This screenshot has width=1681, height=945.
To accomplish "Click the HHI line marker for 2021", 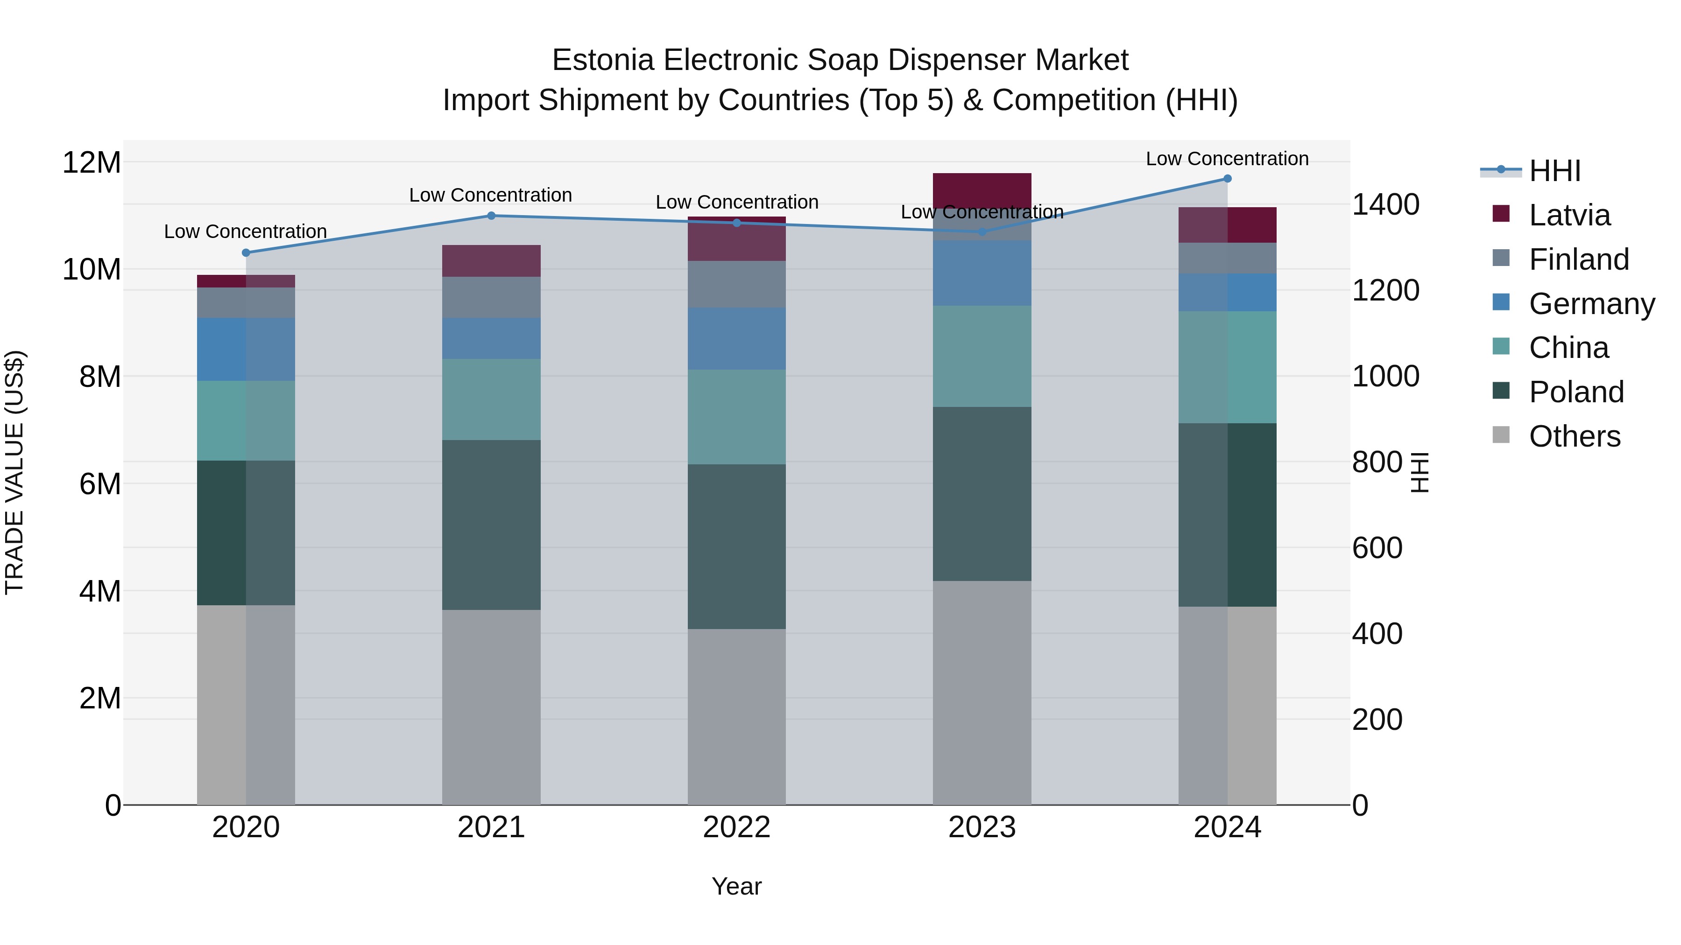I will [491, 216].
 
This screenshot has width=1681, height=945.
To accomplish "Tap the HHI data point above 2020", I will [246, 253].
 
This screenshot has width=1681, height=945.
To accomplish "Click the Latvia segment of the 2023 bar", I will [982, 190].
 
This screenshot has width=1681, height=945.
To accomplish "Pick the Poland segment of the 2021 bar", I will [491, 525].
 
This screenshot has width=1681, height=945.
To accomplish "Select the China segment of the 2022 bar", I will [737, 417].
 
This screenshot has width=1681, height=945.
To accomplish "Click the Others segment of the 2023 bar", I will [982, 693].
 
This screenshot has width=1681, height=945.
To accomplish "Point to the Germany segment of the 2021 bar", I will [491, 338].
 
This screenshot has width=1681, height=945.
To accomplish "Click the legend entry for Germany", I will [1591, 304].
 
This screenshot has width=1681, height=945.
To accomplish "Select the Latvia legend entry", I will [1569, 215].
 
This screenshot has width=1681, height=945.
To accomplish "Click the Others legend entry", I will [1574, 436].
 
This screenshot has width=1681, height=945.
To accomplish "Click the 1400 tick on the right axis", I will [1385, 205].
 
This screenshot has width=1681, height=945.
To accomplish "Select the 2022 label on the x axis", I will [737, 827].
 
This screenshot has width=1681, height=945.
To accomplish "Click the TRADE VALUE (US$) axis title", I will [14, 472].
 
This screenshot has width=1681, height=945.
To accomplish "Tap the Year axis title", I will [737, 886].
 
